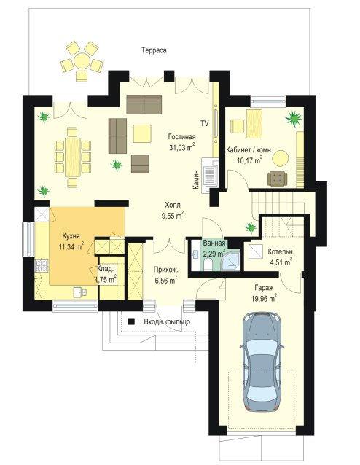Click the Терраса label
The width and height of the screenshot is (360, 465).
click(154, 50)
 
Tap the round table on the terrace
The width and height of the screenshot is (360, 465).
click(82, 61)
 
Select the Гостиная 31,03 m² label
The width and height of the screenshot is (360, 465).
click(181, 141)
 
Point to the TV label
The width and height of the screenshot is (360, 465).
click(204, 123)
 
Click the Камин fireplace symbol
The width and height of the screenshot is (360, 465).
click(210, 176)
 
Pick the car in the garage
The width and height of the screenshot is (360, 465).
click(262, 361)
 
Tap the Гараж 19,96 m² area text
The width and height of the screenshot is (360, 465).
click(264, 293)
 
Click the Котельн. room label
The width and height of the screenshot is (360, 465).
click(281, 251)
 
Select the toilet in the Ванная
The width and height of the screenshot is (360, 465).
click(208, 264)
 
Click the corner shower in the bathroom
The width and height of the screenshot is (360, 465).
click(231, 261)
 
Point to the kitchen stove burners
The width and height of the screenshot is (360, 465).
click(42, 266)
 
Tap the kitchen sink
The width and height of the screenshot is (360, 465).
click(79, 292)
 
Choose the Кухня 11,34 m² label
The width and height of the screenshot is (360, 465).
click(71, 241)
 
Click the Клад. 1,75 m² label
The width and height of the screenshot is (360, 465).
click(105, 274)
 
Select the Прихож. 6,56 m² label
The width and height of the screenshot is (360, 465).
click(165, 275)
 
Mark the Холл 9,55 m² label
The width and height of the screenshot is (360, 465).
click(173, 210)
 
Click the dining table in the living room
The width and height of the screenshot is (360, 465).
click(73, 157)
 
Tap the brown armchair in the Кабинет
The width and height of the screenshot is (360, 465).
click(277, 179)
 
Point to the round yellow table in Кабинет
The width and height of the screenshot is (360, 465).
click(281, 158)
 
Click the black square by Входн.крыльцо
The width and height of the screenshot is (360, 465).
click(131, 321)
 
